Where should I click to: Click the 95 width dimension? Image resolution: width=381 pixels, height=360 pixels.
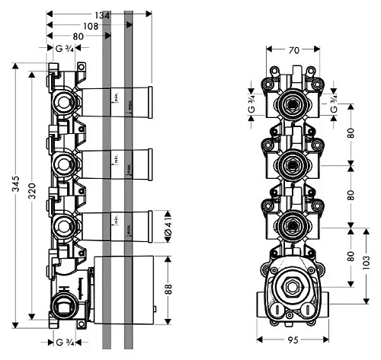(293, 342)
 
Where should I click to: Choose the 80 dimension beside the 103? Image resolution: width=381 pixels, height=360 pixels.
(351, 256)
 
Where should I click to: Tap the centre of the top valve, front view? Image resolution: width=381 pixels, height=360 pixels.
(291, 102)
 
